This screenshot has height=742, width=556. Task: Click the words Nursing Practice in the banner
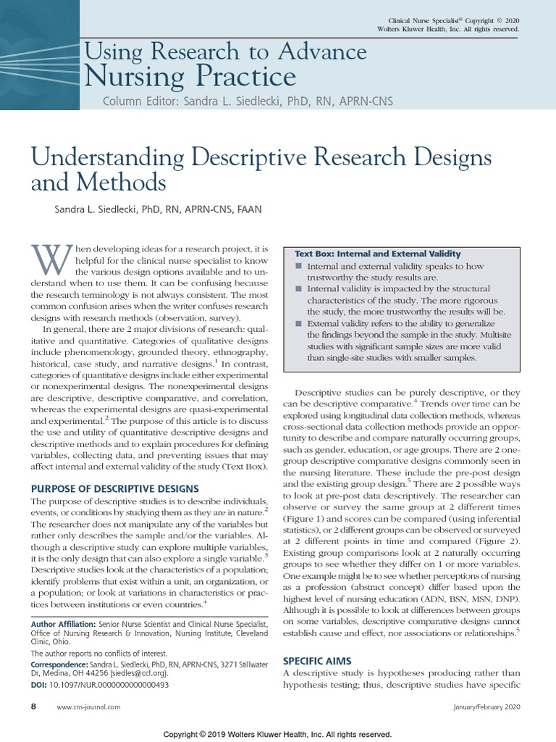190,76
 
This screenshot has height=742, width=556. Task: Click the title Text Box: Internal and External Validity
377,254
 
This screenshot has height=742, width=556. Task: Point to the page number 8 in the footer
33,706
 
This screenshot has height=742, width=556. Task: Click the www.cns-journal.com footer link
88,706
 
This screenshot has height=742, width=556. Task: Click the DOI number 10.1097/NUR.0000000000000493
110,685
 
